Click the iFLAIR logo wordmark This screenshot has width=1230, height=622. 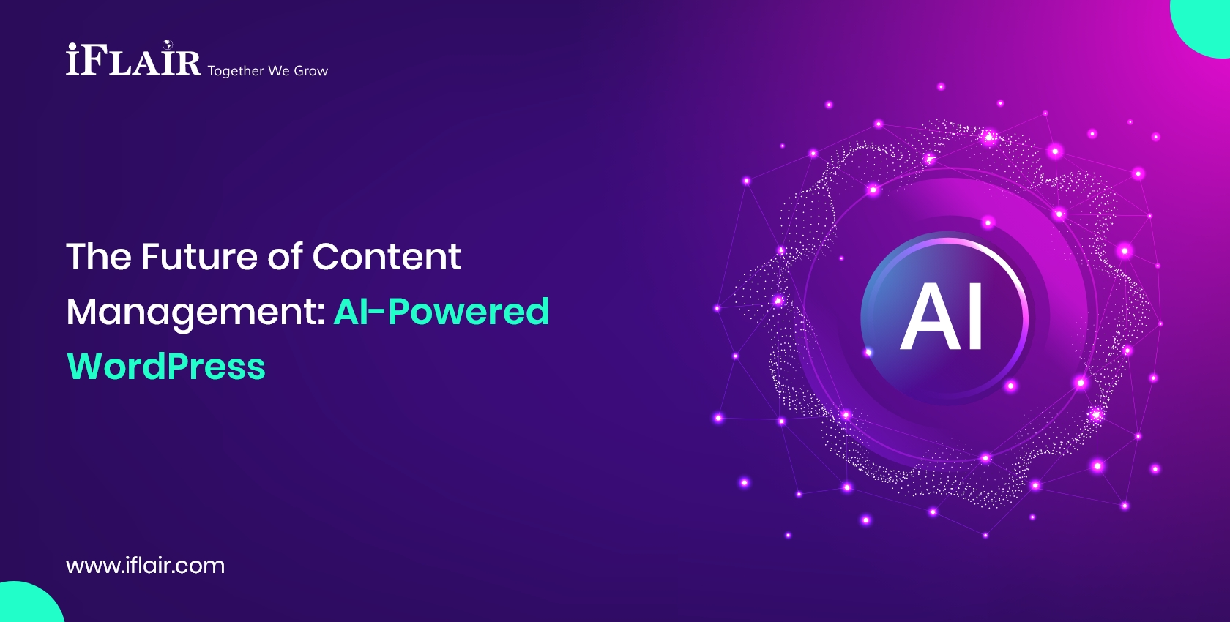pos(133,61)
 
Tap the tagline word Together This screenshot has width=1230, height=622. pos(235,71)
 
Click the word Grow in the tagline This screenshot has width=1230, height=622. pos(310,71)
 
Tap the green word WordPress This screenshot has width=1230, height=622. pos(166,367)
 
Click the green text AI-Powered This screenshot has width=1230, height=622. pos(441,312)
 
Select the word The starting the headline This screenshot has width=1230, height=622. pos(99,257)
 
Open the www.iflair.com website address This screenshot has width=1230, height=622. pos(145,566)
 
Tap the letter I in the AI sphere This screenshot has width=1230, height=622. pos(974,317)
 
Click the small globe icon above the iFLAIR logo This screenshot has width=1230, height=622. pos(167,45)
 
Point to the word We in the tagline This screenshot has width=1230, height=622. pos(278,71)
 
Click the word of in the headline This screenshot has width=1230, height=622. pos(285,257)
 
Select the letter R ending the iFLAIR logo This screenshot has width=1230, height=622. pos(187,63)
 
